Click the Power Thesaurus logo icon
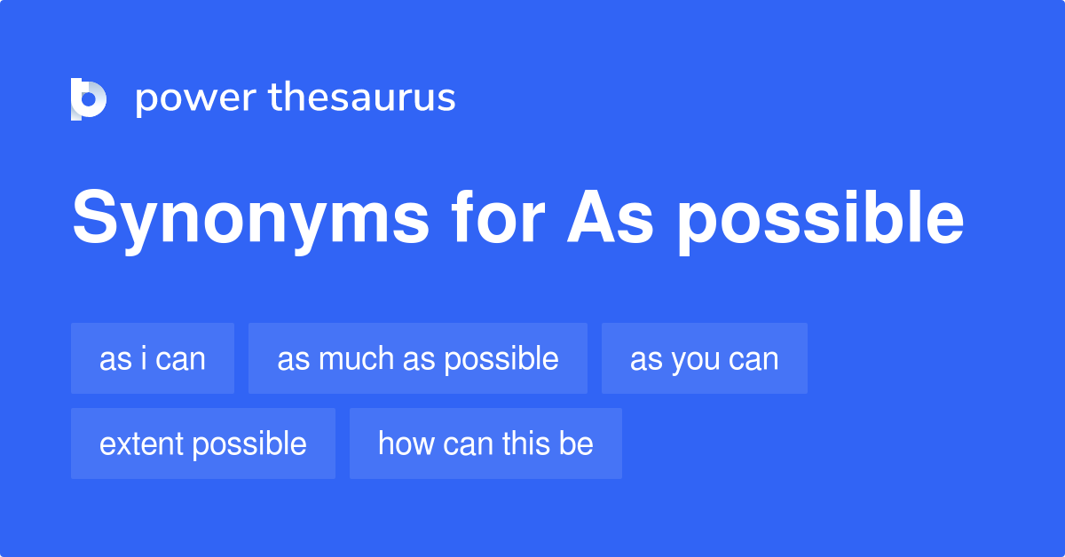tap(89, 98)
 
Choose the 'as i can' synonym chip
tap(153, 358)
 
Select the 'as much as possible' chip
tap(418, 358)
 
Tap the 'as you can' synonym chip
tap(705, 358)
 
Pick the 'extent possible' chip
tap(203, 443)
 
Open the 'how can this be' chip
tap(485, 443)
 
